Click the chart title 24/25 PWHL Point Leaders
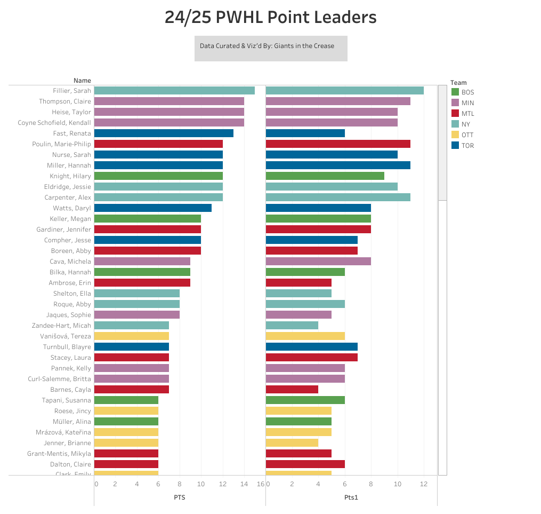pos(270,18)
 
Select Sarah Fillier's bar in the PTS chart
pos(174,91)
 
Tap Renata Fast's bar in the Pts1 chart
pos(305,133)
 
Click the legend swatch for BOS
pos(455,92)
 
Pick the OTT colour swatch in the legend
pos(455,135)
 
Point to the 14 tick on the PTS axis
pos(244,484)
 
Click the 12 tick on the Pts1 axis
pos(424,484)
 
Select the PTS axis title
pos(180,497)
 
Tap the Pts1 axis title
pos(351,497)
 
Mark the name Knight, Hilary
pos(70,176)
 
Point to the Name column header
pos(82,81)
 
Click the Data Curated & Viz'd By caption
pos(267,46)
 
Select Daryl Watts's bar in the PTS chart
pos(153,208)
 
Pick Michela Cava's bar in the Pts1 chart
pos(318,262)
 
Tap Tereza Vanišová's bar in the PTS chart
pos(132,336)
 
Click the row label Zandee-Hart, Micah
pos(62,326)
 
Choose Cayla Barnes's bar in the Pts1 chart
pos(292,390)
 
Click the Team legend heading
pos(458,83)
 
